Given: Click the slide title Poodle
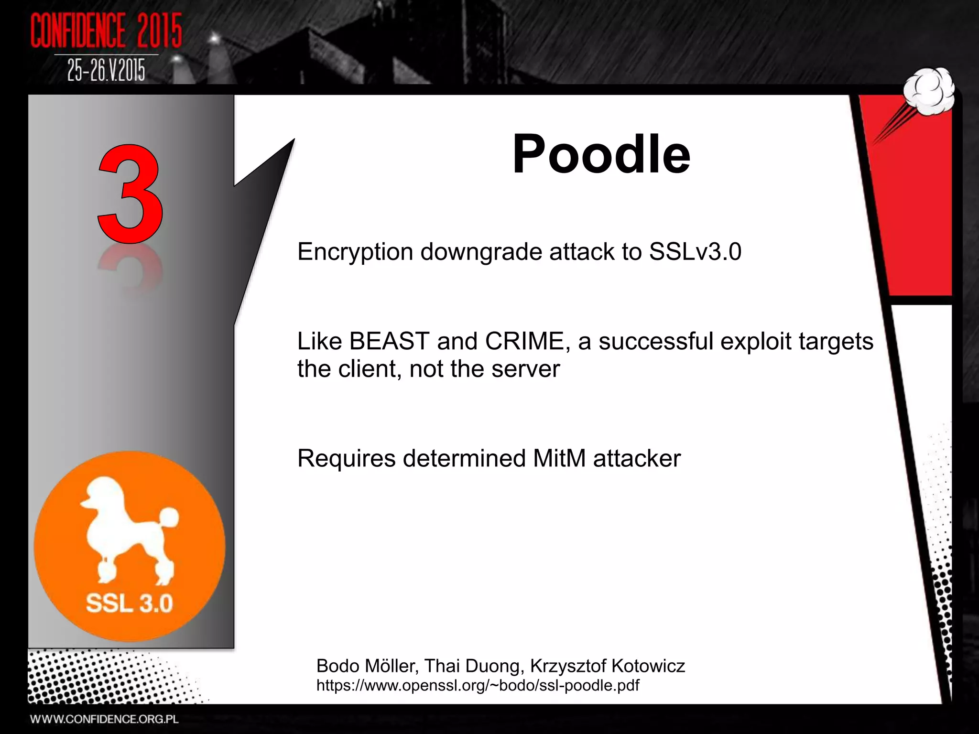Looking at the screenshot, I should (601, 154).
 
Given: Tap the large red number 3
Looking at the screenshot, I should (130, 194).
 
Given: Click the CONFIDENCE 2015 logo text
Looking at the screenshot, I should (106, 31).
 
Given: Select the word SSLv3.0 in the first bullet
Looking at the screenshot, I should (695, 252).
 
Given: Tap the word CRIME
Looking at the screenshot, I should (524, 341).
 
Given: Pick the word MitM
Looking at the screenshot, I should (559, 458).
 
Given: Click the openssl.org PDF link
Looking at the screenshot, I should (478, 685).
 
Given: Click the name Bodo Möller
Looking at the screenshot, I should (366, 666).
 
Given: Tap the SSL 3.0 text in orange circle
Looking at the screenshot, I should (129, 603).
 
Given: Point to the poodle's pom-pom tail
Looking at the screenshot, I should (168, 518).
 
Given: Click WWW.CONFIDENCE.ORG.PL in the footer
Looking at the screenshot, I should (104, 719).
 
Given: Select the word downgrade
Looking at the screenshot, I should (481, 252).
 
